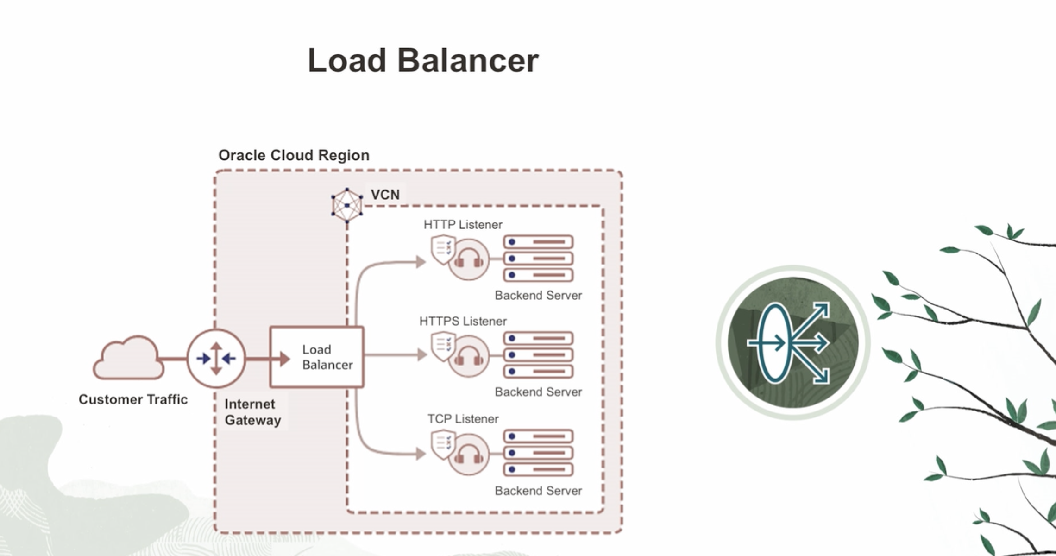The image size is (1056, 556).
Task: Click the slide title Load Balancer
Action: click(x=423, y=61)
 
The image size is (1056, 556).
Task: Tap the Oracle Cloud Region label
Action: click(x=294, y=155)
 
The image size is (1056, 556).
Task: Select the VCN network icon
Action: click(x=347, y=205)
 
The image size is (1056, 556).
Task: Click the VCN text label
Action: click(x=385, y=195)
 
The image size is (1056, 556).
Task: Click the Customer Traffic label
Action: click(x=133, y=399)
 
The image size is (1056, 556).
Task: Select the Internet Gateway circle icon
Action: click(x=216, y=359)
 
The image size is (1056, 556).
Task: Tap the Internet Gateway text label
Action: click(x=253, y=412)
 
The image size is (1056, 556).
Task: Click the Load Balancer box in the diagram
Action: click(x=317, y=357)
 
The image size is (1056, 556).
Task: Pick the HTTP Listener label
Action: click(x=463, y=225)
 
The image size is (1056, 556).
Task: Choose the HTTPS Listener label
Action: click(x=463, y=321)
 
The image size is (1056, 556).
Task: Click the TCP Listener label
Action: click(x=463, y=419)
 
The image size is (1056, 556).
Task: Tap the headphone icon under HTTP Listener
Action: click(x=469, y=260)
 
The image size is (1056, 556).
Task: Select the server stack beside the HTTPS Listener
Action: click(x=538, y=355)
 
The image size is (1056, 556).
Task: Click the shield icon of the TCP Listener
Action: click(x=443, y=444)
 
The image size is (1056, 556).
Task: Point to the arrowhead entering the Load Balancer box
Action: click(x=284, y=359)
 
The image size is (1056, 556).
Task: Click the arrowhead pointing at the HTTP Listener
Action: click(x=421, y=262)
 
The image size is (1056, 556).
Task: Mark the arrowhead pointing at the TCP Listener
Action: click(x=421, y=454)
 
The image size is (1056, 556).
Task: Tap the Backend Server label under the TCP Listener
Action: click(x=538, y=491)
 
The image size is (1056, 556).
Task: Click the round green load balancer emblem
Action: click(x=792, y=343)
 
